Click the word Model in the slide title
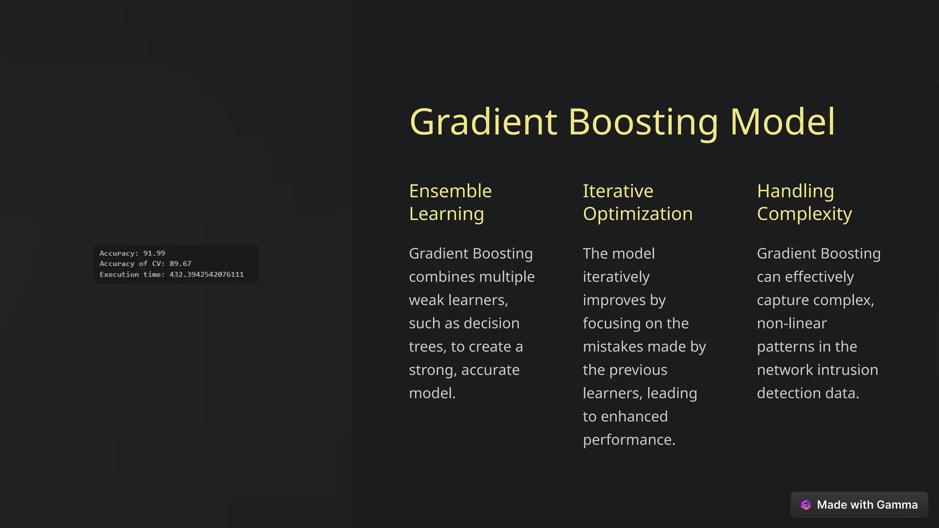pyautogui.click(x=783, y=122)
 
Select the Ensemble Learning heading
pyautogui.click(x=450, y=202)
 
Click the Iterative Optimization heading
pyautogui.click(x=637, y=202)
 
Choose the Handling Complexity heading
pyautogui.click(x=804, y=202)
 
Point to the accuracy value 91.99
pyautogui.click(x=154, y=253)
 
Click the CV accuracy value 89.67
pyautogui.click(x=180, y=264)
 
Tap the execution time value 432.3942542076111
pyautogui.click(x=206, y=275)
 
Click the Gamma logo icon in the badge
pyautogui.click(x=806, y=505)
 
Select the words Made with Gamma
pyautogui.click(x=867, y=505)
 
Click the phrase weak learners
pyautogui.click(x=458, y=300)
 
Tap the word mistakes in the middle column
pyautogui.click(x=611, y=347)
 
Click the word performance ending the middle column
pyautogui.click(x=628, y=440)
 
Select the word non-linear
pyautogui.click(x=791, y=324)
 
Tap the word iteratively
pyautogui.click(x=616, y=277)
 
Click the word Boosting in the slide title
pyautogui.click(x=643, y=122)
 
